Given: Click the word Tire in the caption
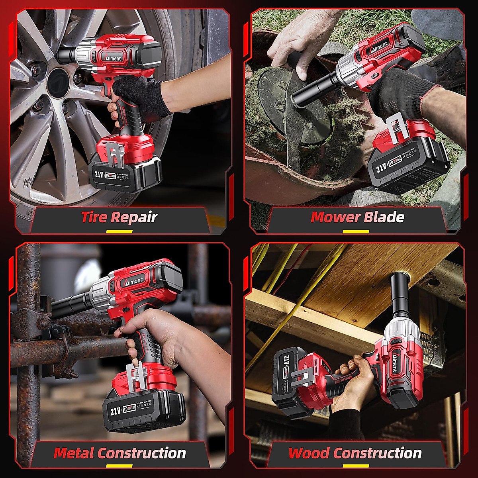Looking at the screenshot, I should pyautogui.click(x=94, y=217).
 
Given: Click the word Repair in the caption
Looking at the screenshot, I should pyautogui.click(x=134, y=217).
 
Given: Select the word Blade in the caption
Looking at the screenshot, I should pyautogui.click(x=384, y=217).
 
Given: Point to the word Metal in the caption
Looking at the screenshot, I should pyautogui.click(x=74, y=453).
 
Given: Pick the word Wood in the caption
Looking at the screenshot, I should pyautogui.click(x=309, y=453).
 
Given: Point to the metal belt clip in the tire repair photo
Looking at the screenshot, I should pyautogui.click(x=116, y=155).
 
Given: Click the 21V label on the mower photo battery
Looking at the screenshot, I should pyautogui.click(x=382, y=167).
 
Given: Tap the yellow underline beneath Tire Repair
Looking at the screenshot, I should pyautogui.click(x=114, y=231).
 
